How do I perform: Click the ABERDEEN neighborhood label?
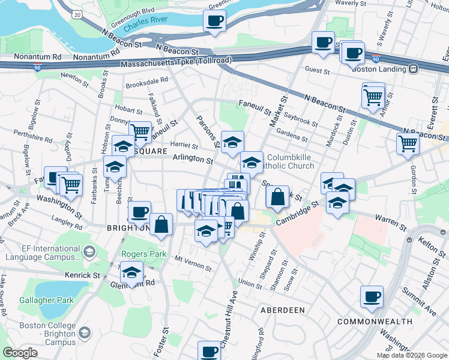point(282,310)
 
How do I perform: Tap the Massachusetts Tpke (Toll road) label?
point(176,63)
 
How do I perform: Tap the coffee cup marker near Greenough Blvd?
point(214,21)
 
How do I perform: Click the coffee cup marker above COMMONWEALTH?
point(372,296)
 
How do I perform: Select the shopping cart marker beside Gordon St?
point(408,143)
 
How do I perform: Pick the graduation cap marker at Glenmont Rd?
point(131,272)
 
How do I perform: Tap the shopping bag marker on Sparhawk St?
point(277,196)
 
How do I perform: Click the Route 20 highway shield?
point(77,14)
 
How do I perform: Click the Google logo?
point(20,352)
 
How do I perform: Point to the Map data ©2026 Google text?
point(411,355)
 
